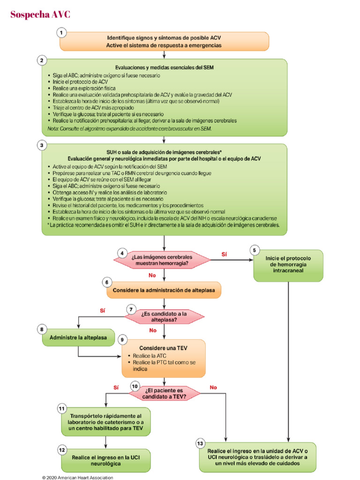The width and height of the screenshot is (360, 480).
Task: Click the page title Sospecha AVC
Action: (40, 15)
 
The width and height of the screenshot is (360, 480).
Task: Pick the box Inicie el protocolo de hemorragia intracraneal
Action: (288, 265)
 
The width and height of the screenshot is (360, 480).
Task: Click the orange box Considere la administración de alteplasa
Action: (164, 290)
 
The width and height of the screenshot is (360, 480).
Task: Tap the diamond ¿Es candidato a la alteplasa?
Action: (163, 317)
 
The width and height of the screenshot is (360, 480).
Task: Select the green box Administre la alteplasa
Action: (78, 337)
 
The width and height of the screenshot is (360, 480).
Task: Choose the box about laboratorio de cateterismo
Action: (107, 422)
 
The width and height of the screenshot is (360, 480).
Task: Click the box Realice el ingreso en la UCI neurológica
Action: (107, 460)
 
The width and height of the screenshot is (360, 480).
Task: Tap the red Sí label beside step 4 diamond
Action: (224, 254)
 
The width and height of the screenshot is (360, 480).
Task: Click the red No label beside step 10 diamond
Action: (213, 387)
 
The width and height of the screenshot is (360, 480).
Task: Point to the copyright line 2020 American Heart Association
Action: (77, 478)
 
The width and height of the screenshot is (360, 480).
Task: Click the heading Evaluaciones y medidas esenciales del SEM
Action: (164, 67)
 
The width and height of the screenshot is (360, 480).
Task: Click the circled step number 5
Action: (255, 250)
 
